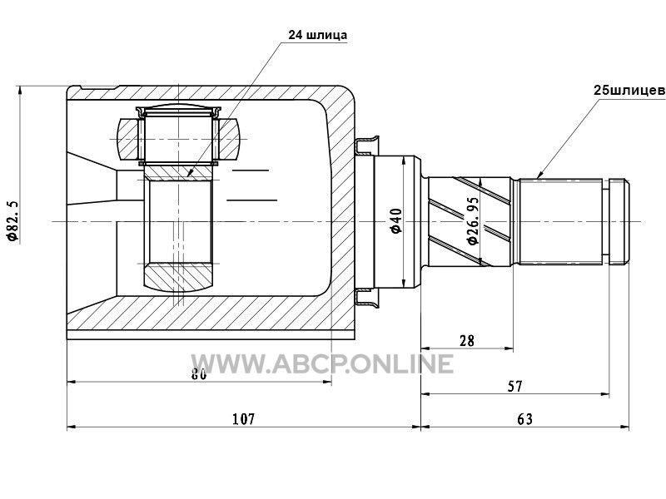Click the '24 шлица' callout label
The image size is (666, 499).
click(317, 35)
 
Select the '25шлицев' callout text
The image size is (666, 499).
click(629, 91)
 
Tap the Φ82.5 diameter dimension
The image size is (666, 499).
click(12, 220)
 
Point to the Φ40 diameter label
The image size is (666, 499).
click(396, 220)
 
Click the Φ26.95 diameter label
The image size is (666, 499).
click(473, 220)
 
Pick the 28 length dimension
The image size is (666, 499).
click(467, 340)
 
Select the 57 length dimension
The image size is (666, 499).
click(514, 386)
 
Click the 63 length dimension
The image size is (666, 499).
click(525, 419)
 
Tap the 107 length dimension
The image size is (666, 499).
click(243, 419)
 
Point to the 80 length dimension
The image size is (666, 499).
click(199, 374)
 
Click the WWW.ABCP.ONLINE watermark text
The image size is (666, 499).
click(322, 363)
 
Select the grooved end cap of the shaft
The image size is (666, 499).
click(619, 221)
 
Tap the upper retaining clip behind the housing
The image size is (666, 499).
click(366, 145)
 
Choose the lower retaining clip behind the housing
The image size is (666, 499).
click(366, 297)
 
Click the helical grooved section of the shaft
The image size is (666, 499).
click(470, 221)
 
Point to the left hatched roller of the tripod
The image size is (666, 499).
click(128, 139)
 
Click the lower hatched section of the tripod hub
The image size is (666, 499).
click(178, 277)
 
